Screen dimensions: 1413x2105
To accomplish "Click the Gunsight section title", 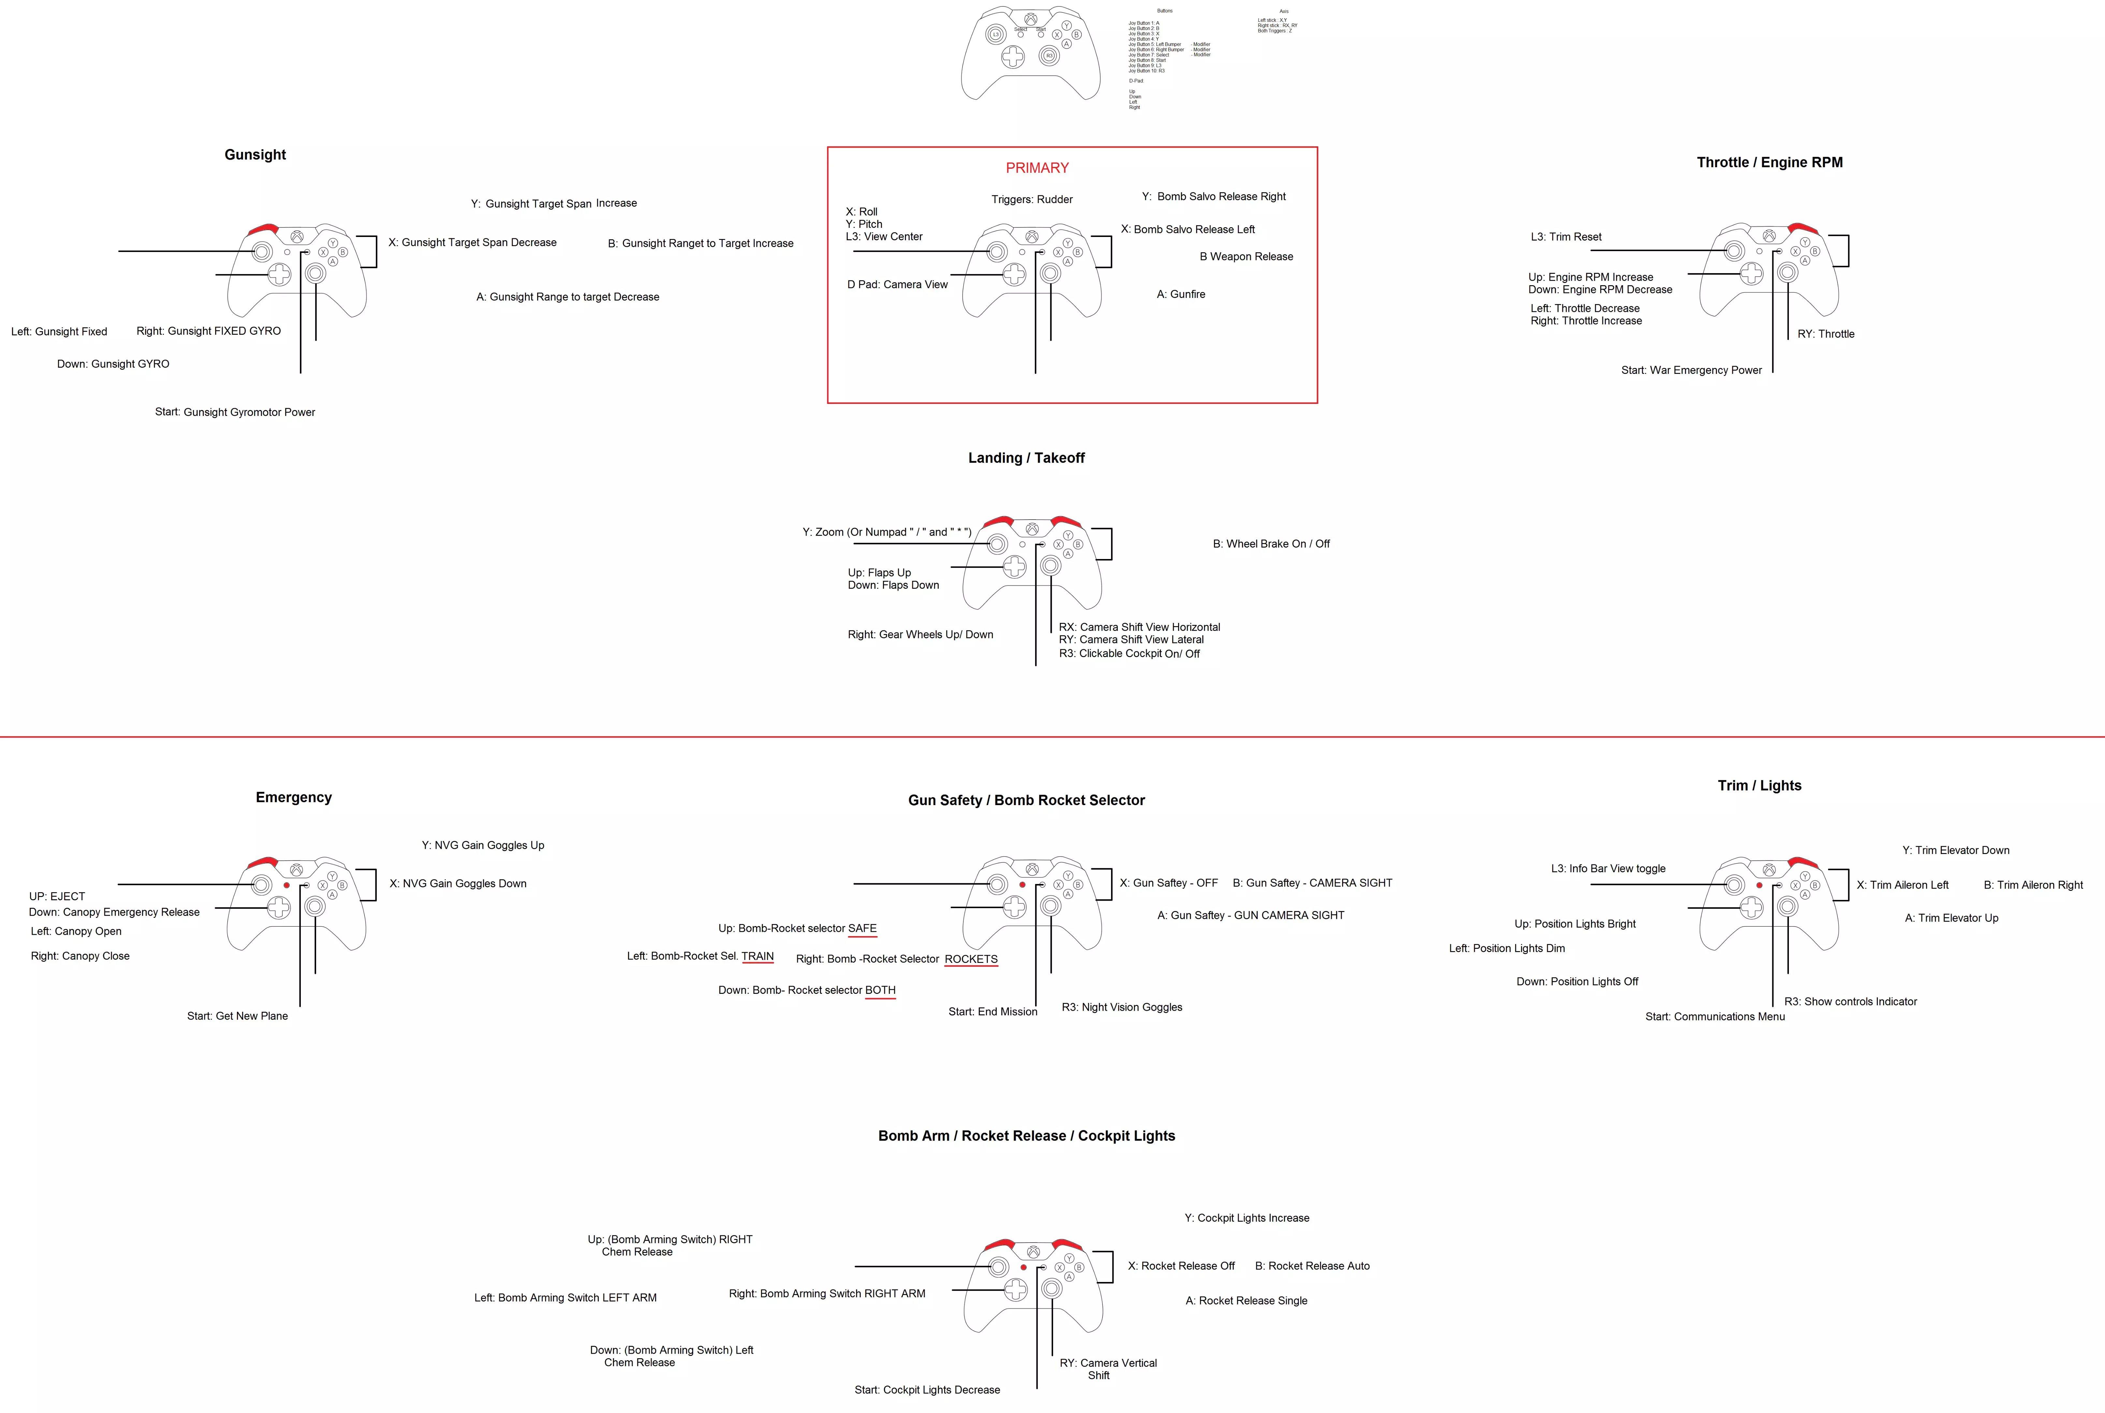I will coord(255,155).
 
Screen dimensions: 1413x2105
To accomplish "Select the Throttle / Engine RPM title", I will coord(1769,162).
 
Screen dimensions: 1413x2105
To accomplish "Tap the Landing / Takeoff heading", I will coord(1026,458).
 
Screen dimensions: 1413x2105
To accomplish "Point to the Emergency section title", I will coord(294,798).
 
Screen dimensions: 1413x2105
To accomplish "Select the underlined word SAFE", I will coord(862,928).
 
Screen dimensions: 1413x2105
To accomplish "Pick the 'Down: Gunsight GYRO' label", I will coord(112,364).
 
